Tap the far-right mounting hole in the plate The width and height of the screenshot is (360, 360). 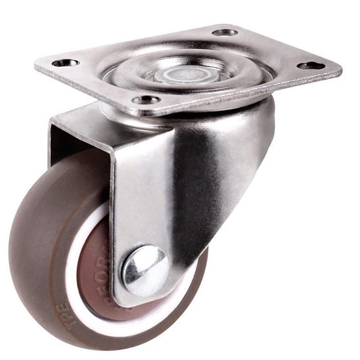[x=311, y=66]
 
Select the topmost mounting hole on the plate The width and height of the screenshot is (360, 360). [x=225, y=32]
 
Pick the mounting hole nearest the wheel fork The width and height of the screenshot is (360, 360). [x=147, y=99]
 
